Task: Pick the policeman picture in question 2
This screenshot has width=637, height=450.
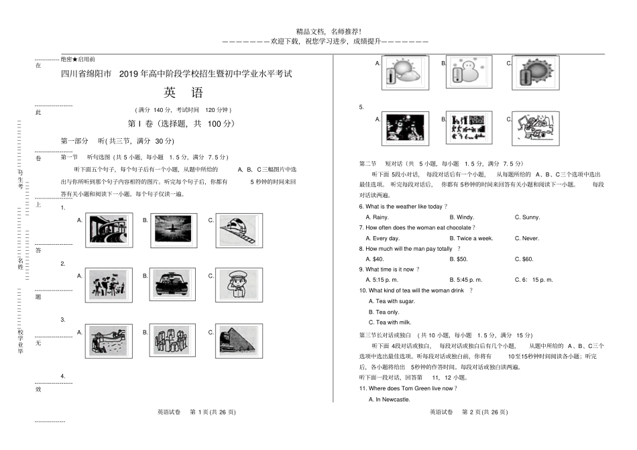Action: [237, 284]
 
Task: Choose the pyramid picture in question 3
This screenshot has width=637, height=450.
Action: [237, 340]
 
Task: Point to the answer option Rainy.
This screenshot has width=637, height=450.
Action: [380, 217]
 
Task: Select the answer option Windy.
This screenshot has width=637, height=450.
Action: [465, 217]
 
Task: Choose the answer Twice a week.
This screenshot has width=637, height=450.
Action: [475, 238]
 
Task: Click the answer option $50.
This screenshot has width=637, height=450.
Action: [462, 259]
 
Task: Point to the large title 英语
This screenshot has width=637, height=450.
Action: [182, 93]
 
